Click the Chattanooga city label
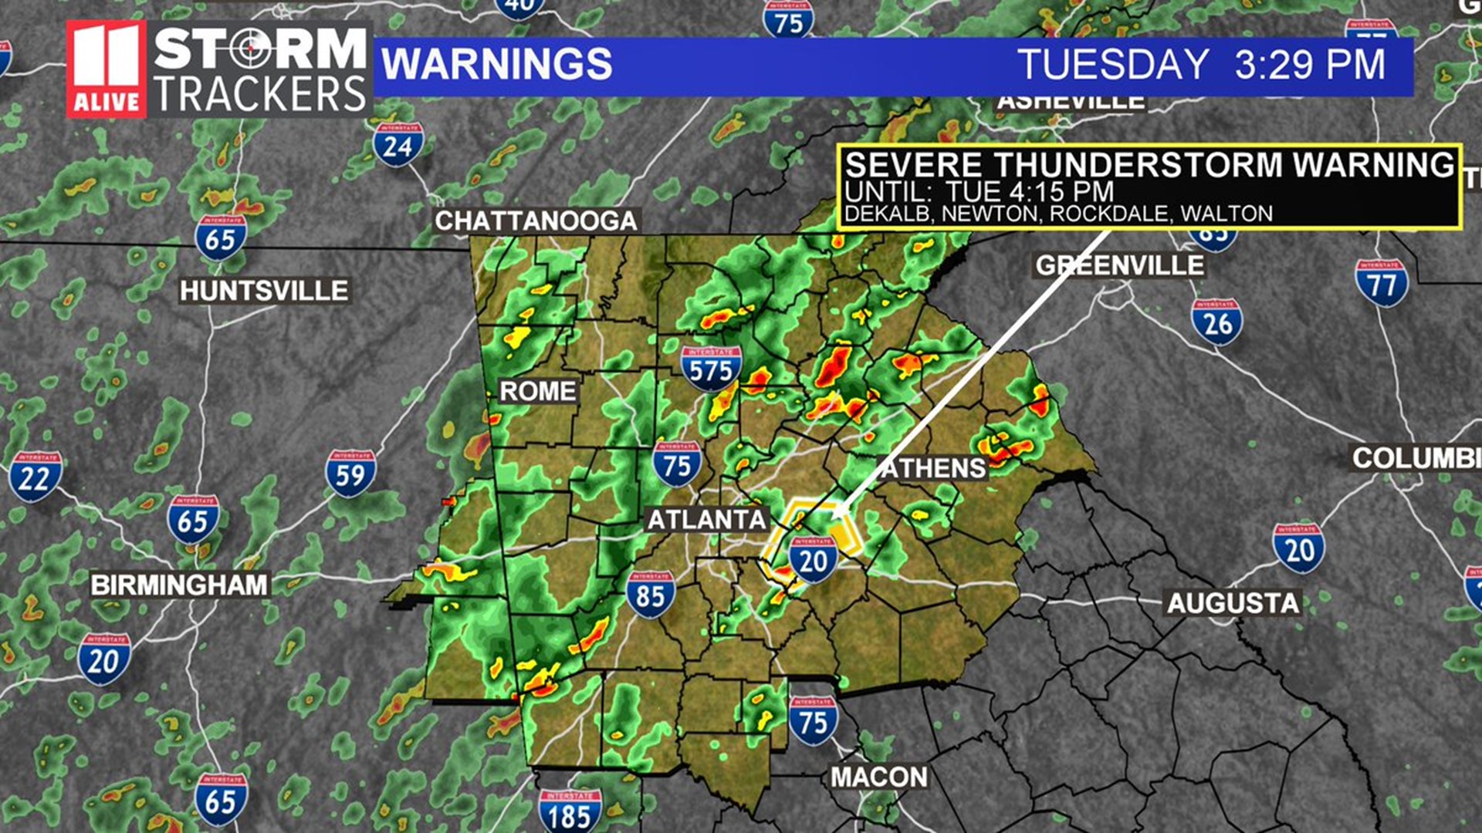(x=536, y=221)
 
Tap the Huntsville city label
(x=264, y=291)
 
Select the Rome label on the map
(x=537, y=391)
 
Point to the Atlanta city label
(x=706, y=520)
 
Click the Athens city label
(x=934, y=468)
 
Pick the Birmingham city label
(x=179, y=585)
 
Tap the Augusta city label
(x=1233, y=602)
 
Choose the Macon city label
(x=879, y=777)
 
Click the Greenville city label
(x=1119, y=265)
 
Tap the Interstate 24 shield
(x=398, y=145)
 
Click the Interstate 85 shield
(x=651, y=595)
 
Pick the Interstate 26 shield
(x=1217, y=322)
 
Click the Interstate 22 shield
(x=35, y=477)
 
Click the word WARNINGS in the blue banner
(x=496, y=64)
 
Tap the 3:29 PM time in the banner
(x=1309, y=64)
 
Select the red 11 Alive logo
(x=107, y=69)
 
